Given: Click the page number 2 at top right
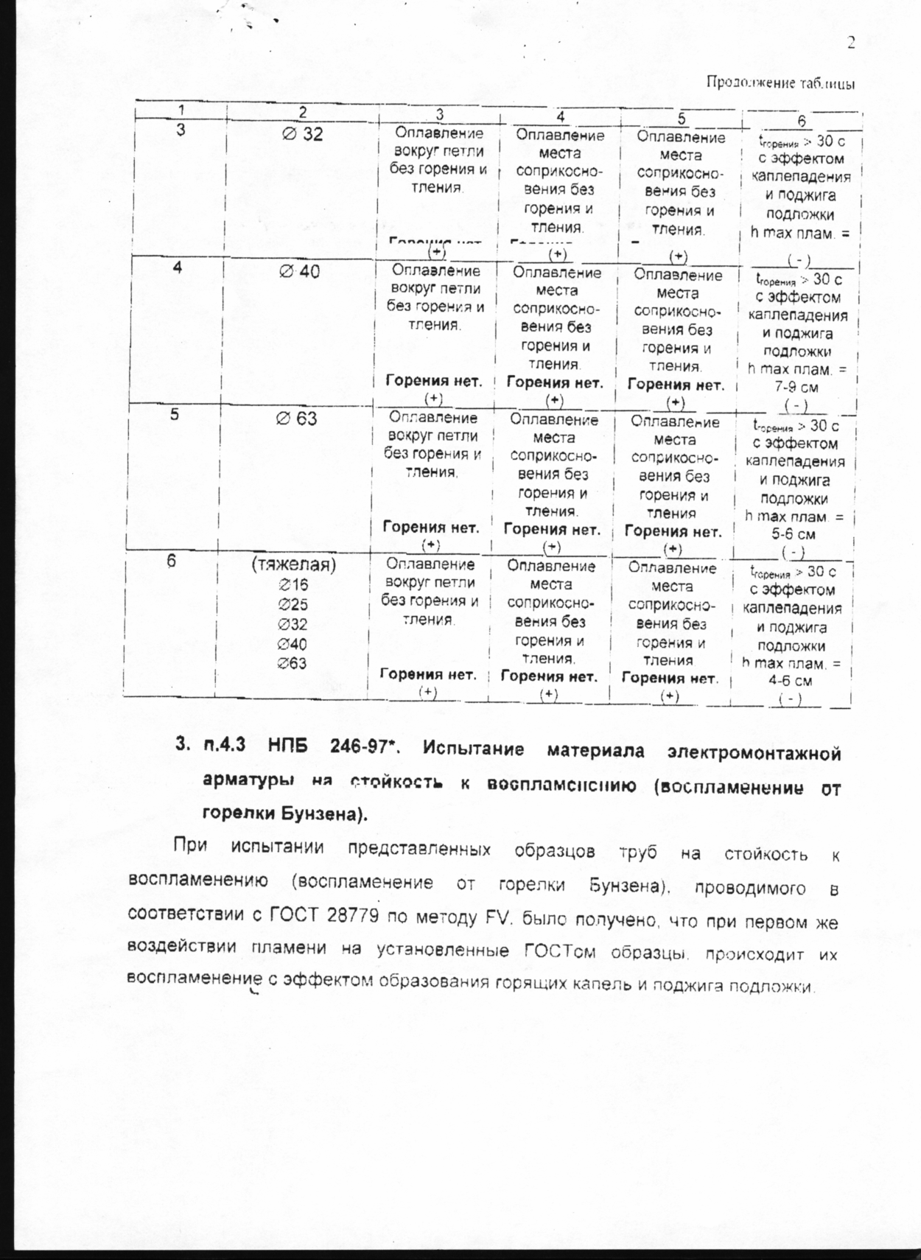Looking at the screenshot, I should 851,43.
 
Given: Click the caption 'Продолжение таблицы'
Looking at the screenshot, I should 780,83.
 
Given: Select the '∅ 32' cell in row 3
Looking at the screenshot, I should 303,135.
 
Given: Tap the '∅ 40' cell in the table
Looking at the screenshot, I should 299,271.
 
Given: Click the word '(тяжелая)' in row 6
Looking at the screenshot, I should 294,565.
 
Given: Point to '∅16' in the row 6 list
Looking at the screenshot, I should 293,585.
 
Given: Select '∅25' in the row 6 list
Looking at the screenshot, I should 293,605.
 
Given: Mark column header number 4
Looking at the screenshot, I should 561,116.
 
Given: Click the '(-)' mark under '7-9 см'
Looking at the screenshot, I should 796,405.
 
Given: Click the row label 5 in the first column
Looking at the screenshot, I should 175,414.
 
